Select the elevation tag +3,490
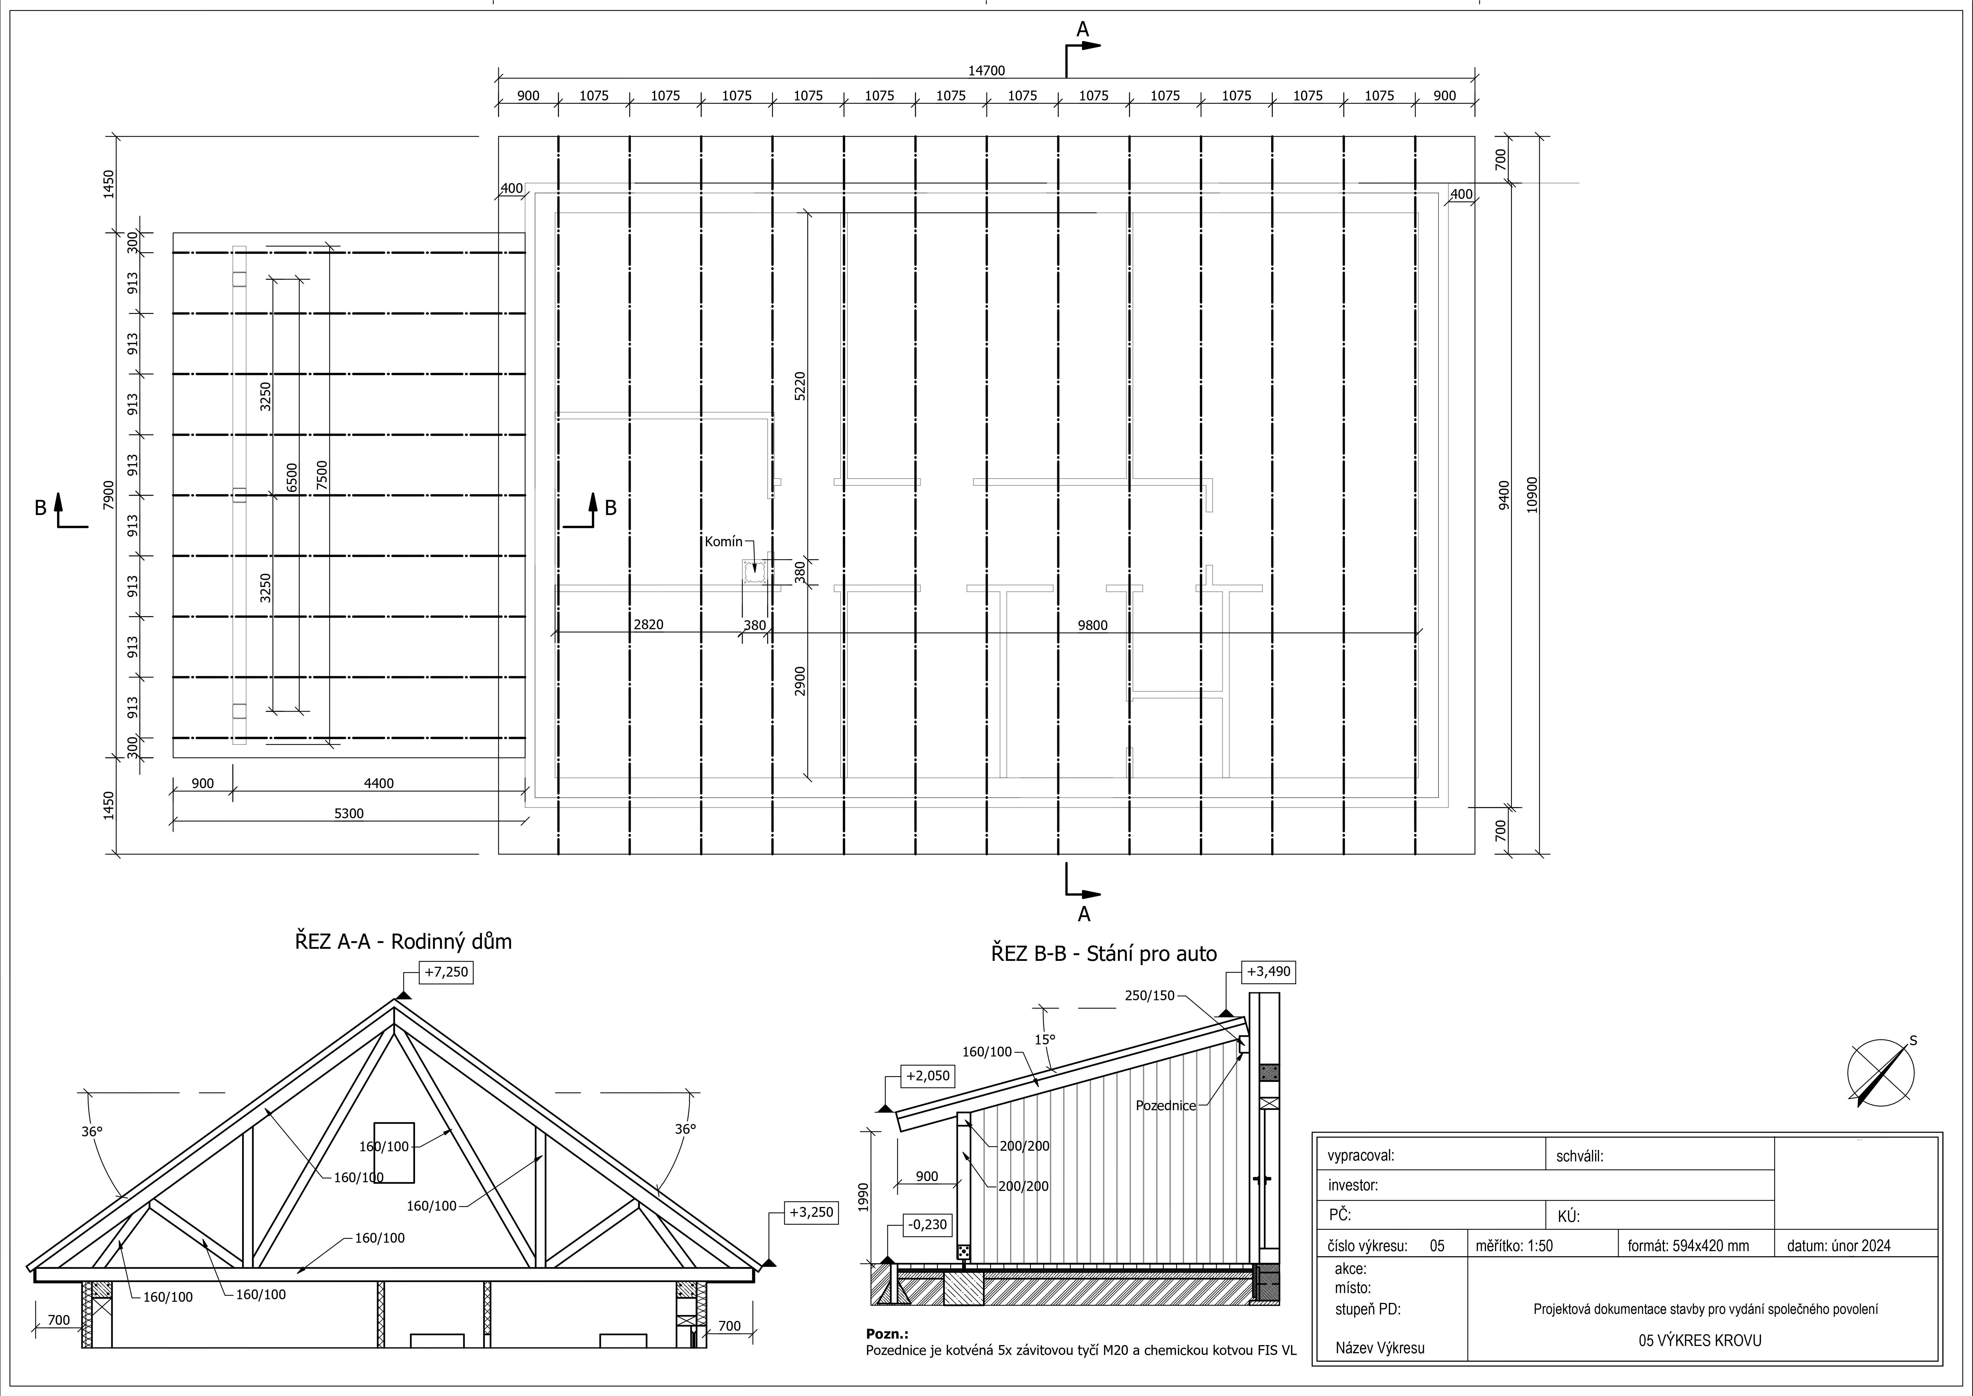click(x=1268, y=972)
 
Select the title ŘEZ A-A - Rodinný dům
click(x=403, y=941)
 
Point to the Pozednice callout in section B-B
click(x=1165, y=1105)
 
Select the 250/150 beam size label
click(x=1149, y=995)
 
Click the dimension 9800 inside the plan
click(x=1092, y=625)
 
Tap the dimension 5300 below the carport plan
click(x=349, y=813)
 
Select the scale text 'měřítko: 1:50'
click(x=1513, y=1246)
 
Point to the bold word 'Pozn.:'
click(x=887, y=1334)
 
